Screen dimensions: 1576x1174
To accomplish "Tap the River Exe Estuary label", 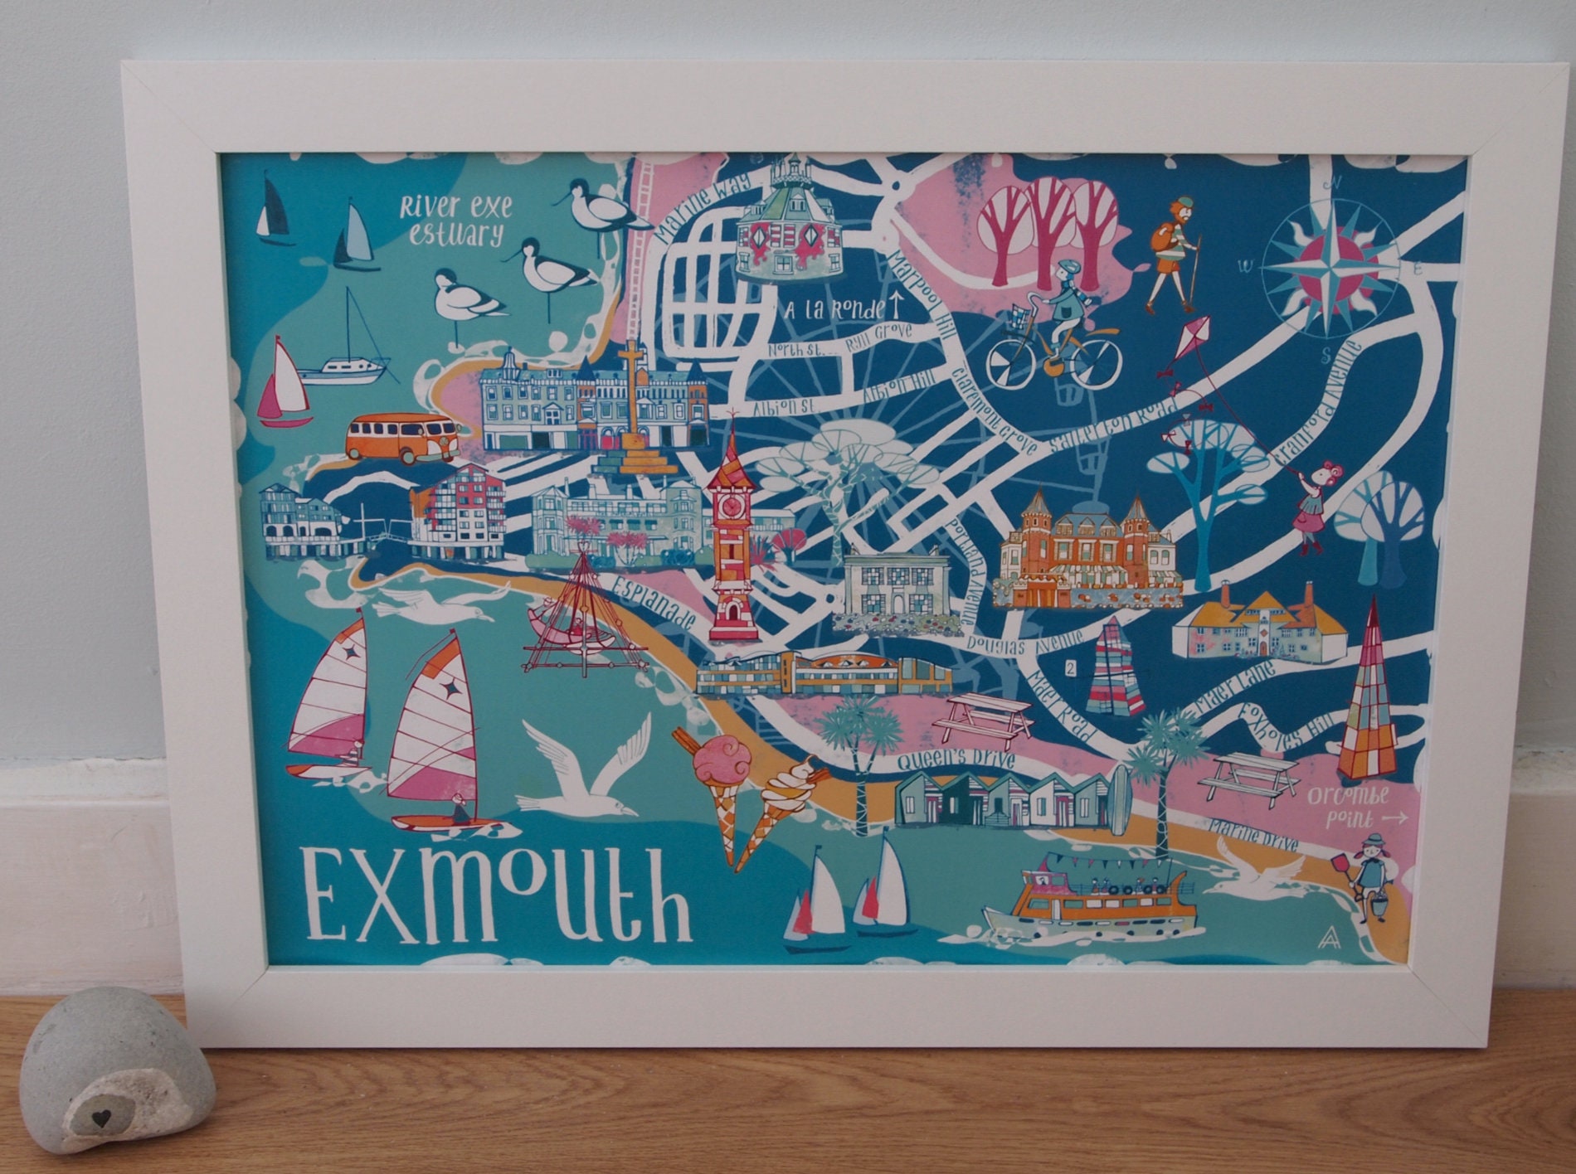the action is pyautogui.click(x=455, y=220).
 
